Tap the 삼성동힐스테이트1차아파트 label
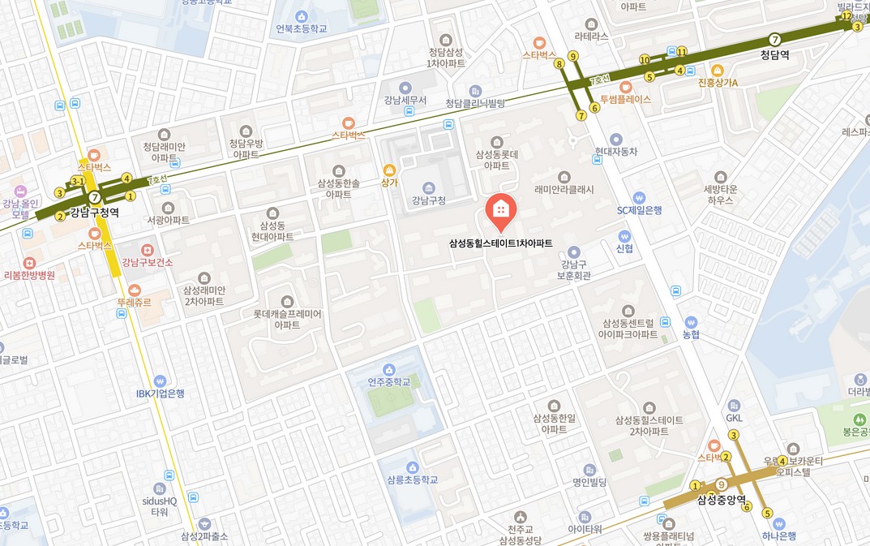pyautogui.click(x=500, y=243)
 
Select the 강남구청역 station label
pyautogui.click(x=94, y=213)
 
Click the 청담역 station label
pyautogui.click(x=775, y=56)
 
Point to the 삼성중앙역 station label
pyautogui.click(x=721, y=500)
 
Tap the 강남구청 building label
pyautogui.click(x=429, y=200)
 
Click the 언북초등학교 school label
pyautogui.click(x=302, y=28)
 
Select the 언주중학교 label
pyautogui.click(x=389, y=381)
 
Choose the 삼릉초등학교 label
pyautogui.click(x=413, y=479)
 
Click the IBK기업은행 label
pyautogui.click(x=160, y=393)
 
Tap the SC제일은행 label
pyautogui.click(x=639, y=210)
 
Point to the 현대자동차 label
pyautogui.click(x=616, y=152)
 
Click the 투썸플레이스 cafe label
pyautogui.click(x=625, y=100)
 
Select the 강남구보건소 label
pyautogui.click(x=147, y=262)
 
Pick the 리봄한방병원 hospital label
pyautogui.click(x=29, y=275)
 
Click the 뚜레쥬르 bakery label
pyautogui.click(x=134, y=303)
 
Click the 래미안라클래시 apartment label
pyautogui.click(x=564, y=190)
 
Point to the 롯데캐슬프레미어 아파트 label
pyautogui.click(x=287, y=319)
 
